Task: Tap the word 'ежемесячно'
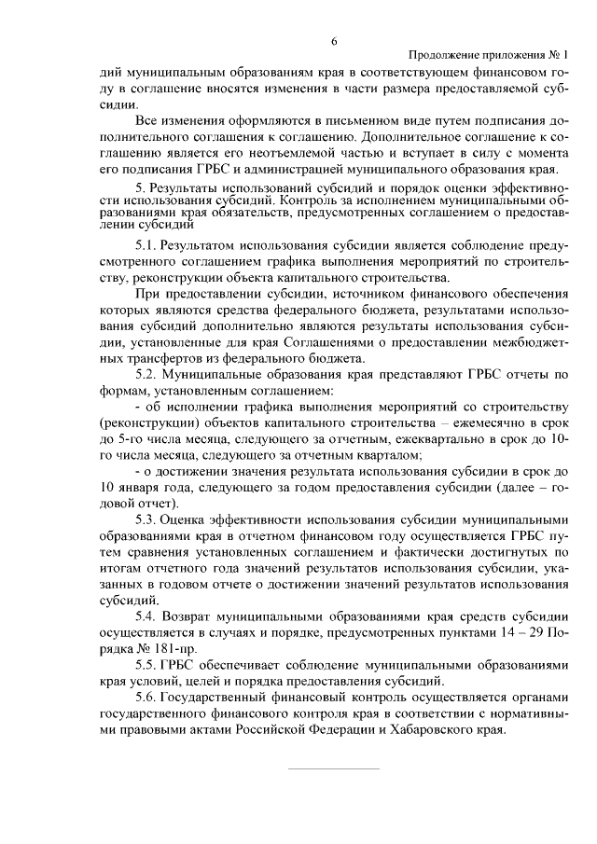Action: (463, 422)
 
